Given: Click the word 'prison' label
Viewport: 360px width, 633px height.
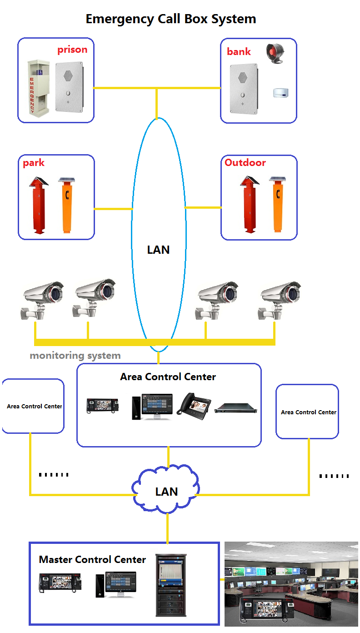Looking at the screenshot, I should pos(72,50).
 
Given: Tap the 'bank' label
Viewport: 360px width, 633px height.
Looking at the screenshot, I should pos(239,51).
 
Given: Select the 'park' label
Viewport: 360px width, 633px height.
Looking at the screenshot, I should pos(34,163).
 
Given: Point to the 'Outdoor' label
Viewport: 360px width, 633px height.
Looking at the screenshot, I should pos(245,162).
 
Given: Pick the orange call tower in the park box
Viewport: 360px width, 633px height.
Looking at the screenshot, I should pos(67,206).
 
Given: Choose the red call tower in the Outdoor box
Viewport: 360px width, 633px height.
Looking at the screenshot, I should pos(249,206).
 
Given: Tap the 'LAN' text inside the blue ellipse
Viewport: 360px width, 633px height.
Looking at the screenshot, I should pos(158,250).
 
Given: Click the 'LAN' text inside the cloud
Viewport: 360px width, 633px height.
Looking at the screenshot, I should pos(166,492).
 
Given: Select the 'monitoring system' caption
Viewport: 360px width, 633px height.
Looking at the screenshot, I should pos(75,356).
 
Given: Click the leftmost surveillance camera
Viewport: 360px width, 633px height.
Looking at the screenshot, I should pos(43,298).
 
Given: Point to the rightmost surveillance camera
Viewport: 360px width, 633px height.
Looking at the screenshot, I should pos(278,298).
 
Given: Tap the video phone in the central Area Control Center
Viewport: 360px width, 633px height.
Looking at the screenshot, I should pos(194,404).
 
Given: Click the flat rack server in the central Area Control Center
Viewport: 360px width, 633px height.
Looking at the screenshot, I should pos(236,408).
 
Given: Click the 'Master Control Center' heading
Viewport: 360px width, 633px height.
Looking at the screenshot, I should pos(92,559).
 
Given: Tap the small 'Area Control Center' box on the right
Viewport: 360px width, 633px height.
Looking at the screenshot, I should pos(308,412).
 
